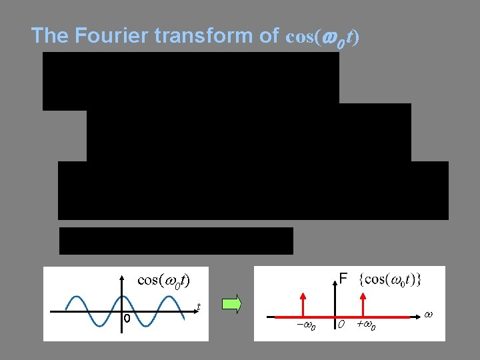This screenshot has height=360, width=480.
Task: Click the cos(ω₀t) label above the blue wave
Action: tap(163, 279)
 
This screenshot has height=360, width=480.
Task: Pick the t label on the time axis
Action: tap(199, 307)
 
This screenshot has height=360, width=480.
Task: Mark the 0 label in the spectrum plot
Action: tap(340, 325)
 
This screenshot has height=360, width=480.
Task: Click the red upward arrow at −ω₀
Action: tap(303, 303)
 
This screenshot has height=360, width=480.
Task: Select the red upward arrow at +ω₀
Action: tap(362, 303)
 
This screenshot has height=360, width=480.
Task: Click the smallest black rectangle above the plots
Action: tap(176, 241)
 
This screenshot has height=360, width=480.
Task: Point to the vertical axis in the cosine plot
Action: tap(122, 293)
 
